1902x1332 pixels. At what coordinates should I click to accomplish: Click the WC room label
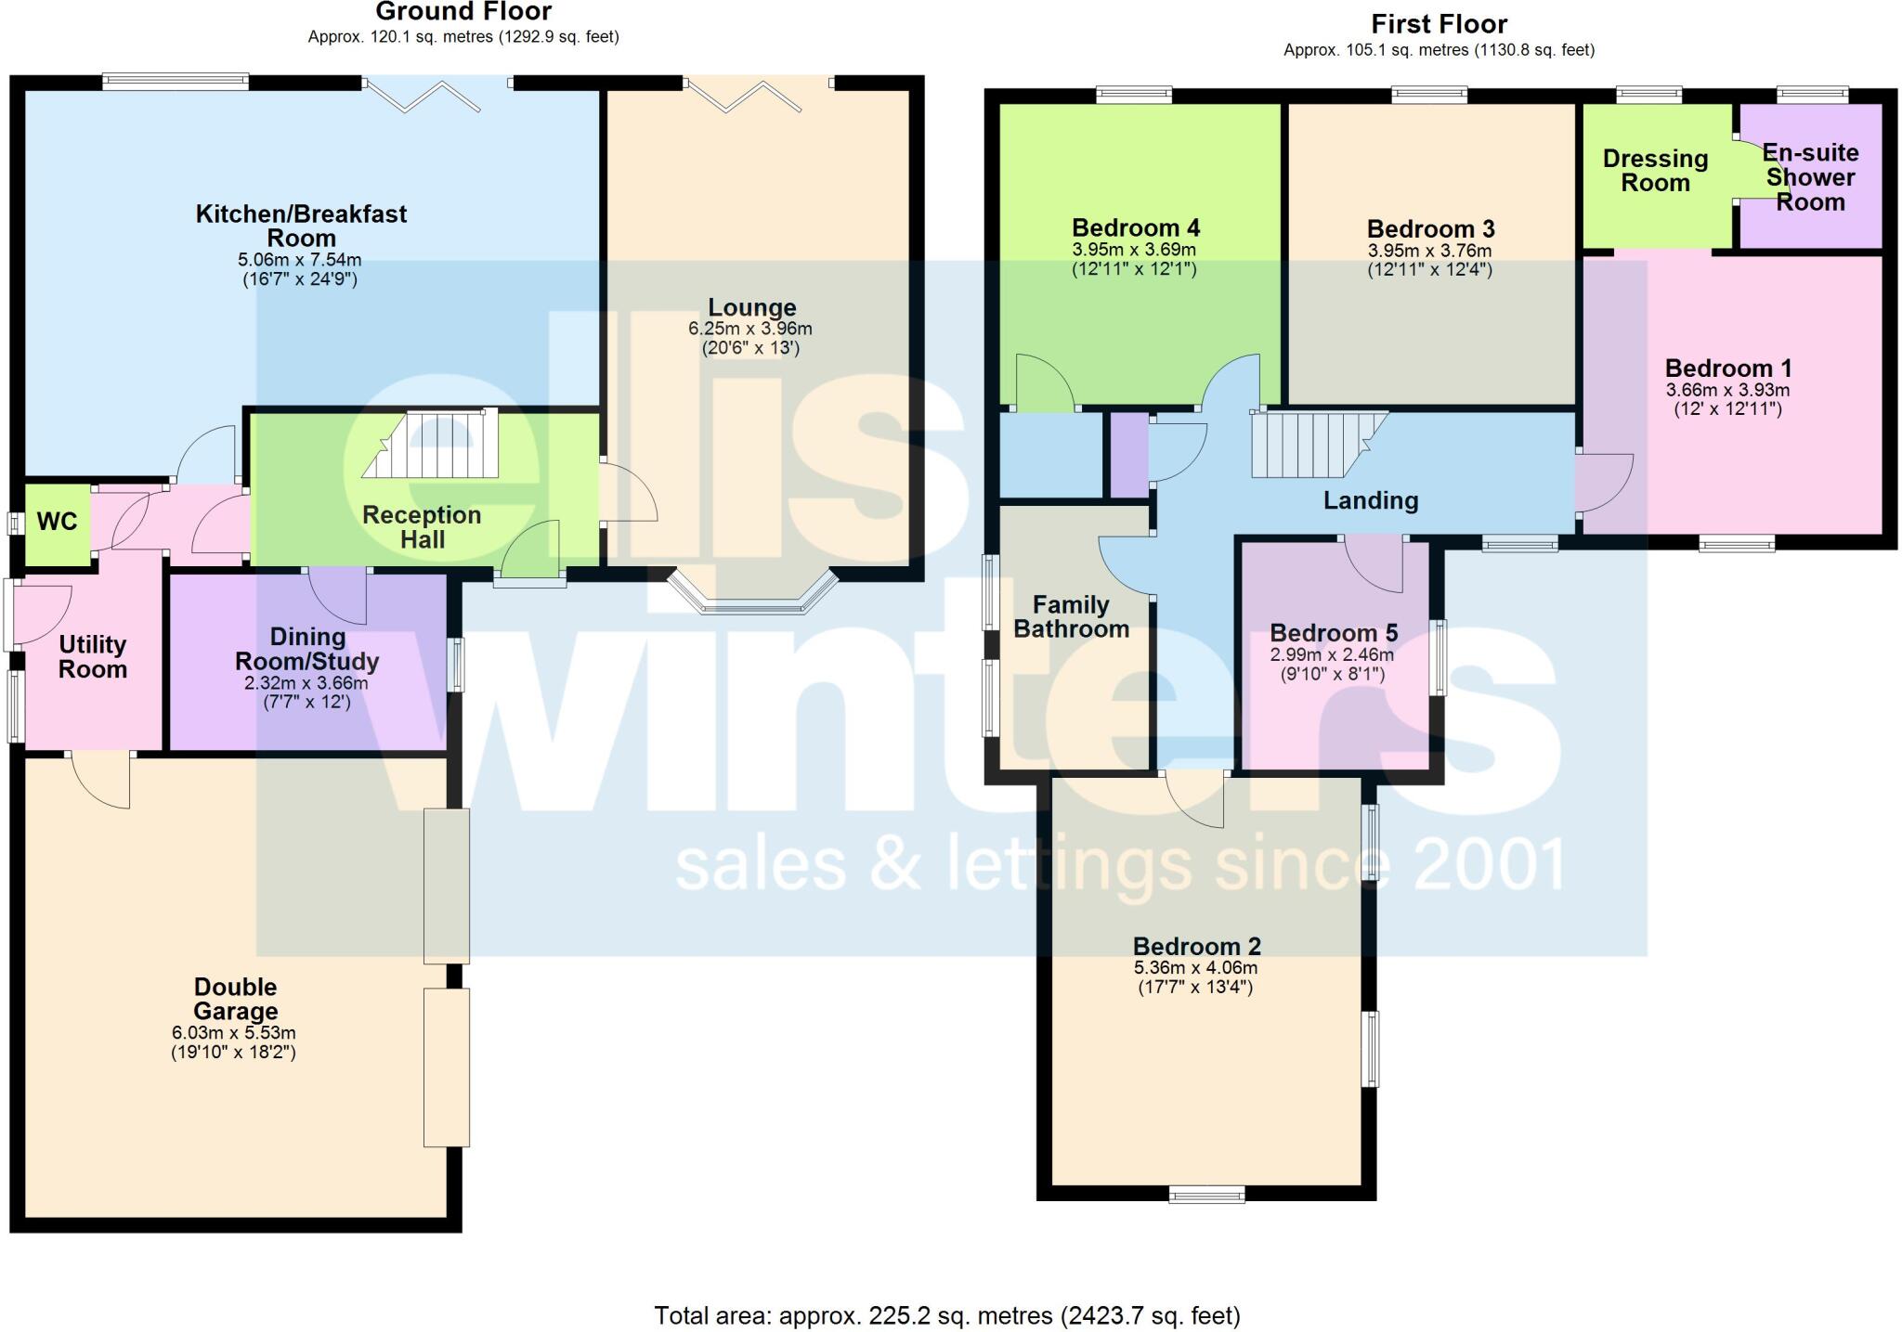tap(57, 522)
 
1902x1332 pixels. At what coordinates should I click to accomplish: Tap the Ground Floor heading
tap(463, 12)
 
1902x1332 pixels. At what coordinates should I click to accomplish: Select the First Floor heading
tap(1439, 24)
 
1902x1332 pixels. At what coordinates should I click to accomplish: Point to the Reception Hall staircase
tap(433, 445)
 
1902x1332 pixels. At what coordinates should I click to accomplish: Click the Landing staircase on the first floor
tap(1315, 445)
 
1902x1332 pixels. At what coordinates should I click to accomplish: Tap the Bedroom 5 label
tap(1333, 633)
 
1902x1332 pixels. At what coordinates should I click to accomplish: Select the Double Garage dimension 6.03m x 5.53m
tap(233, 1033)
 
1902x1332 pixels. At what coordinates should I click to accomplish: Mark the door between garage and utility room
tap(101, 778)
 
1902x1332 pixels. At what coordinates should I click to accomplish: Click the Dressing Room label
tap(1655, 171)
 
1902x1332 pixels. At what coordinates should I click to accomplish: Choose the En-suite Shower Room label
tap(1809, 177)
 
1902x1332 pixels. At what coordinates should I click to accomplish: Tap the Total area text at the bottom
tap(946, 1315)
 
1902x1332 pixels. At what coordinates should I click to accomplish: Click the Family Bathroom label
tap(1071, 617)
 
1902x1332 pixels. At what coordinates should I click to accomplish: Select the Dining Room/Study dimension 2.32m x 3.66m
tap(306, 683)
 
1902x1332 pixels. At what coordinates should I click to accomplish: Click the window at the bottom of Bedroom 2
tap(1205, 1194)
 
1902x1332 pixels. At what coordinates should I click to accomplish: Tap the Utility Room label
tap(92, 657)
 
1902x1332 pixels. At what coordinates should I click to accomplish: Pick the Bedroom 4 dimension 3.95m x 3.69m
tap(1134, 250)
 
